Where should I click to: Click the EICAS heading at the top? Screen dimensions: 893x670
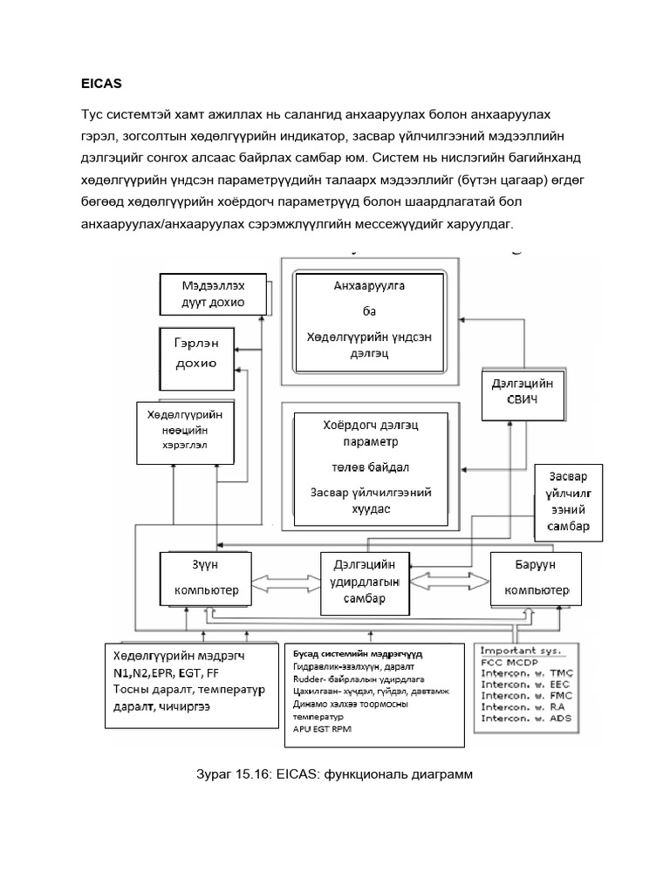click(100, 85)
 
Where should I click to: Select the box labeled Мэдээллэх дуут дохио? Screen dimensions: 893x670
click(213, 294)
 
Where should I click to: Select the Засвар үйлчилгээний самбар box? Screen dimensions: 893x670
click(568, 502)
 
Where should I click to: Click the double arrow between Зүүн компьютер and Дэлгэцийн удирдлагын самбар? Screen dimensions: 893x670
click(284, 580)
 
